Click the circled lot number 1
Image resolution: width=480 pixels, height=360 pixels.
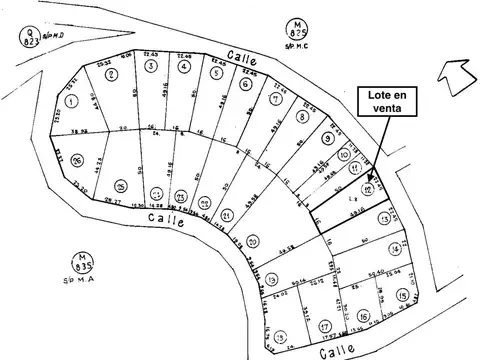pyautogui.click(x=71, y=101)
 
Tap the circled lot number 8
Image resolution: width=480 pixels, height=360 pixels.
pyautogui.click(x=302, y=116)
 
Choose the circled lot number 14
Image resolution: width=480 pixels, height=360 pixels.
pyautogui.click(x=396, y=248)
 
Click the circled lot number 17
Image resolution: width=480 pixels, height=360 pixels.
pyautogui.click(x=324, y=326)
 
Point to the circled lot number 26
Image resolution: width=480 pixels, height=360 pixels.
pyautogui.click(x=75, y=158)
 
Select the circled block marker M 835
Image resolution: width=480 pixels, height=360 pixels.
pyautogui.click(x=86, y=264)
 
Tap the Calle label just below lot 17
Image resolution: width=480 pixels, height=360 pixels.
pyautogui.click(x=334, y=351)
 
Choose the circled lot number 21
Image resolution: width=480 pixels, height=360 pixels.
pyautogui.click(x=227, y=215)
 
